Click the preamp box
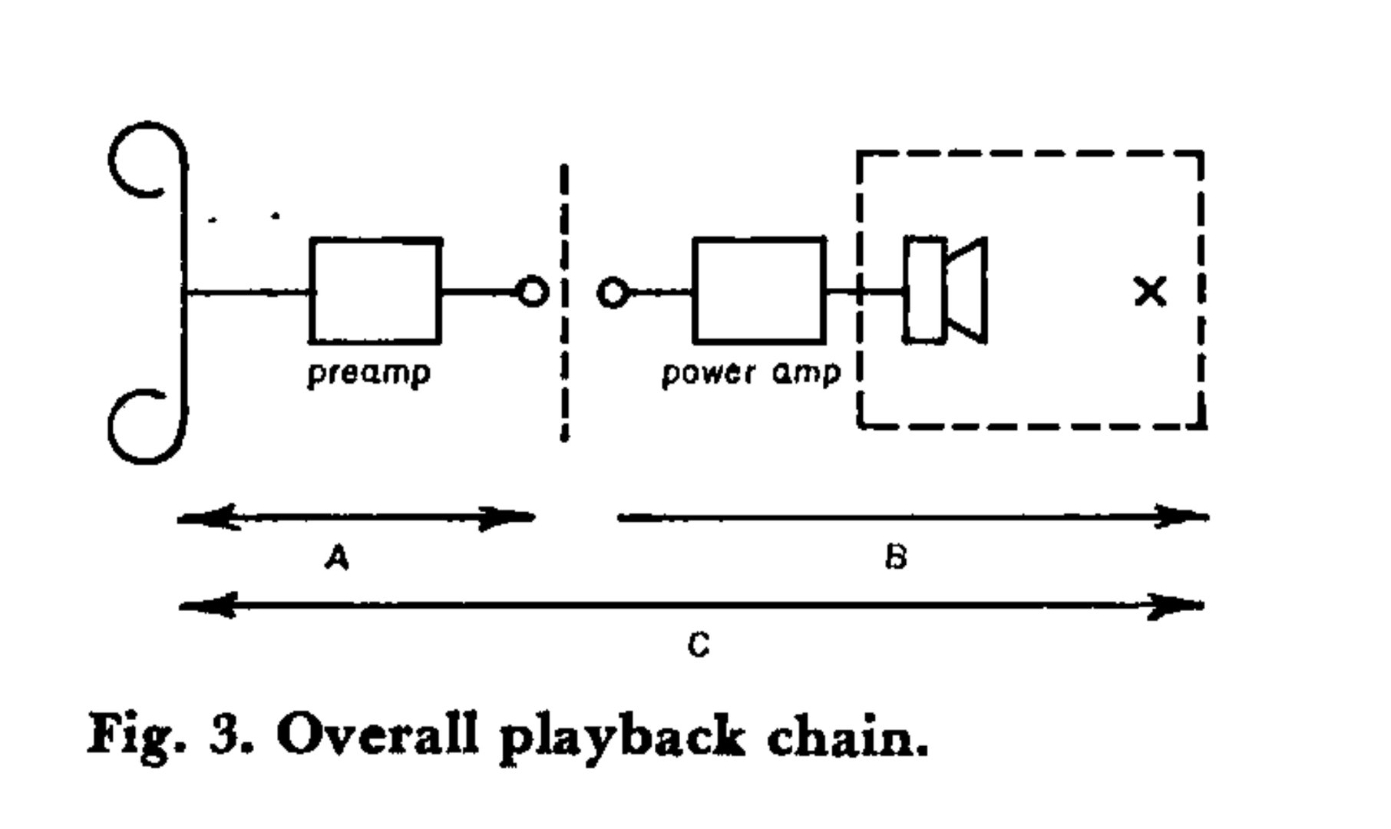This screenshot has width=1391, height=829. tap(375, 290)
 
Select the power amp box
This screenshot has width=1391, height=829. tap(759, 290)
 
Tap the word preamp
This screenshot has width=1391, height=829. tap(368, 374)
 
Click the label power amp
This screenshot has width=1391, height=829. tap(751, 374)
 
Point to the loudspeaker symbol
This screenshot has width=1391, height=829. tap(946, 290)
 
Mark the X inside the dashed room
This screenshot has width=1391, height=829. tap(1150, 292)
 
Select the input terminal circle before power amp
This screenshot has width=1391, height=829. tap(613, 292)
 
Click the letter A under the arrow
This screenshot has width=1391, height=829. tap(337, 557)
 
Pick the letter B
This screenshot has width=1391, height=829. tap(895, 557)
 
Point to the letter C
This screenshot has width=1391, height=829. tap(699, 645)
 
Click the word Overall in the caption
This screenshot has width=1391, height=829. tap(376, 735)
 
